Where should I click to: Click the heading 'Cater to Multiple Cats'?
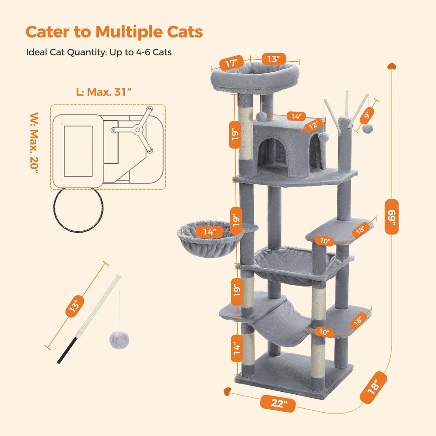[x=114, y=32]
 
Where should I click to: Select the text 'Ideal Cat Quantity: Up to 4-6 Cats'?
[x=99, y=52]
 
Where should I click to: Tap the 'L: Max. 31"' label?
[x=103, y=92]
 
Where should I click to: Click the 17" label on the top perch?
[x=231, y=64]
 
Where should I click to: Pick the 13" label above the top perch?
[x=273, y=59]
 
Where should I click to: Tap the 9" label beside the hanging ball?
[x=367, y=115]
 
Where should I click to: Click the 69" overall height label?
[x=391, y=216]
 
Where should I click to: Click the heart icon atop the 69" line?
[x=391, y=66]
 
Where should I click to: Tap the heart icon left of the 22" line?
[x=228, y=390]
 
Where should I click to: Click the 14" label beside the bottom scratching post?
[x=237, y=347]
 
